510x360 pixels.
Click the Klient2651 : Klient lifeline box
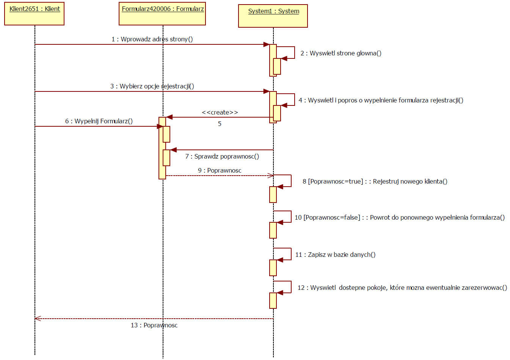tap(34, 14)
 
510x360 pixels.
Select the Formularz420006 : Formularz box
tap(162, 14)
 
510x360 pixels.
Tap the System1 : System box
tap(273, 16)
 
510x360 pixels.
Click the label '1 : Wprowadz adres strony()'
tap(152, 39)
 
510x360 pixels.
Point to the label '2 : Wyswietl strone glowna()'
tap(341, 53)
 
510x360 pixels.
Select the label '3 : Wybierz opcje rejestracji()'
tap(152, 86)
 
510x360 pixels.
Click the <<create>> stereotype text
tap(220, 112)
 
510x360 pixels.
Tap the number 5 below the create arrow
tap(220, 124)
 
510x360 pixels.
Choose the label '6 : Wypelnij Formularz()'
tap(99, 121)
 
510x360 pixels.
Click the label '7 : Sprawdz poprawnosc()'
tap(222, 156)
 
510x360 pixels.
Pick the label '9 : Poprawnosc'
tap(220, 170)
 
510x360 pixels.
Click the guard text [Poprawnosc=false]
tap(332, 217)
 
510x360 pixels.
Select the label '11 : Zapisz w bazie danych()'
tap(335, 255)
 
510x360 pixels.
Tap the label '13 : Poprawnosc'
tap(154, 325)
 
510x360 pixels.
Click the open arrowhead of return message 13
tap(37, 319)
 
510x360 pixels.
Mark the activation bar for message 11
tap(273, 268)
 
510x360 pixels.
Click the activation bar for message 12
tap(273, 301)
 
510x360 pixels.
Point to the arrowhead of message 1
tap(267, 44)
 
